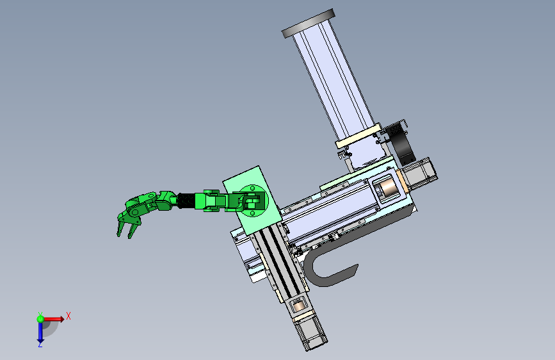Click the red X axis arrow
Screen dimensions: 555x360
pos(53,319)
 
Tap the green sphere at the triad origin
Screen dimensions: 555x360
pos(40,319)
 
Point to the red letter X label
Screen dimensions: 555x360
pos(68,316)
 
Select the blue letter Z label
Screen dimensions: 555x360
pos(40,344)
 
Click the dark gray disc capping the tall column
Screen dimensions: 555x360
pos(309,23)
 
